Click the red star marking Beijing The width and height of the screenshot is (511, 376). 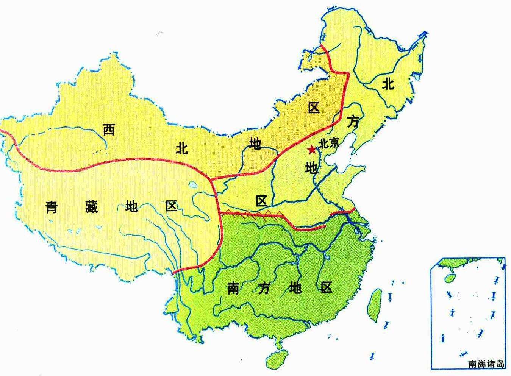(x=311, y=150)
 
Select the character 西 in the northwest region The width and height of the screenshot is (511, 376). (x=109, y=130)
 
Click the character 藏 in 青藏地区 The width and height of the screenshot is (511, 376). (x=91, y=207)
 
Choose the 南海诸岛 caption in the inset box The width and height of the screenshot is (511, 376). (x=486, y=364)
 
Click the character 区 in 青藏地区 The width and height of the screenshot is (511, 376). (x=171, y=206)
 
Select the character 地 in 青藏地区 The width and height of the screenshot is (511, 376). (x=131, y=207)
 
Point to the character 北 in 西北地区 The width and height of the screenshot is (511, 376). (x=181, y=148)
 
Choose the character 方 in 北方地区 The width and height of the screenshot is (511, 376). (x=353, y=122)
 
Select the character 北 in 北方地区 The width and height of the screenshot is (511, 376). (x=388, y=83)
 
